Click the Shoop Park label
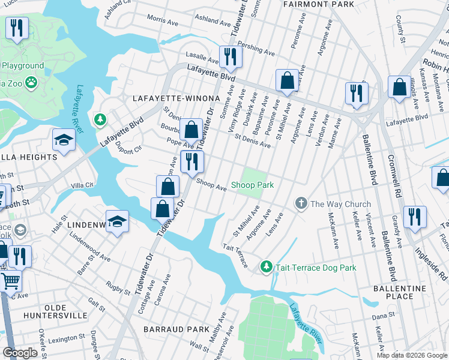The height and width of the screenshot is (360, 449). (x=253, y=185)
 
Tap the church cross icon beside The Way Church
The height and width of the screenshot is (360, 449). (x=302, y=204)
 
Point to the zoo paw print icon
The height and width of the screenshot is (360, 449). (x=31, y=81)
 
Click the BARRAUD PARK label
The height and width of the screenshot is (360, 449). (x=176, y=329)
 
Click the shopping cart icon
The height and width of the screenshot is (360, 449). (x=10, y=280)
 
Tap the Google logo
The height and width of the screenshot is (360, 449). (x=20, y=353)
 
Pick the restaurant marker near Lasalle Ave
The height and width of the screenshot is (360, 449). (x=230, y=57)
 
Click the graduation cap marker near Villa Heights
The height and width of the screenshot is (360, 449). (x=64, y=140)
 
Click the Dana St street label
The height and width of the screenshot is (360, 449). (x=382, y=314)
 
